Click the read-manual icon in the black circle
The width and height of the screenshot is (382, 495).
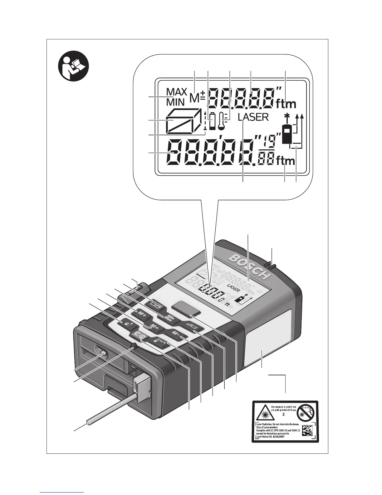74,66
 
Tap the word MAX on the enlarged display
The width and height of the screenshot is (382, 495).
177,92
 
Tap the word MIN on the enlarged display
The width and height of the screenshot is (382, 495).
175,102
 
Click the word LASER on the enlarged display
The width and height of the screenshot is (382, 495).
253,117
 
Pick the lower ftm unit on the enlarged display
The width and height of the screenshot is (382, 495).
285,161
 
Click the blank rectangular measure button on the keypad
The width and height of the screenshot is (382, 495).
186,307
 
